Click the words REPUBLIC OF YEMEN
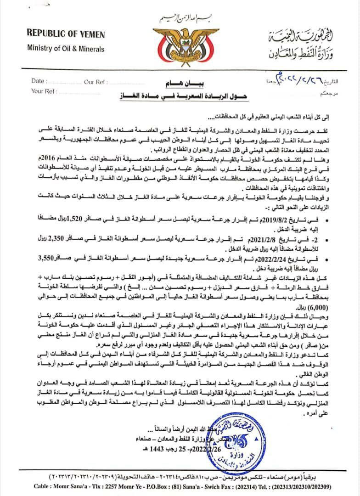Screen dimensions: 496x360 [66, 34]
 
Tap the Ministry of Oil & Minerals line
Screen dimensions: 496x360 [66, 49]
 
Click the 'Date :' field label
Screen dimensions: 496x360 [38, 81]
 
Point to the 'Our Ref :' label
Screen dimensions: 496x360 [95, 82]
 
